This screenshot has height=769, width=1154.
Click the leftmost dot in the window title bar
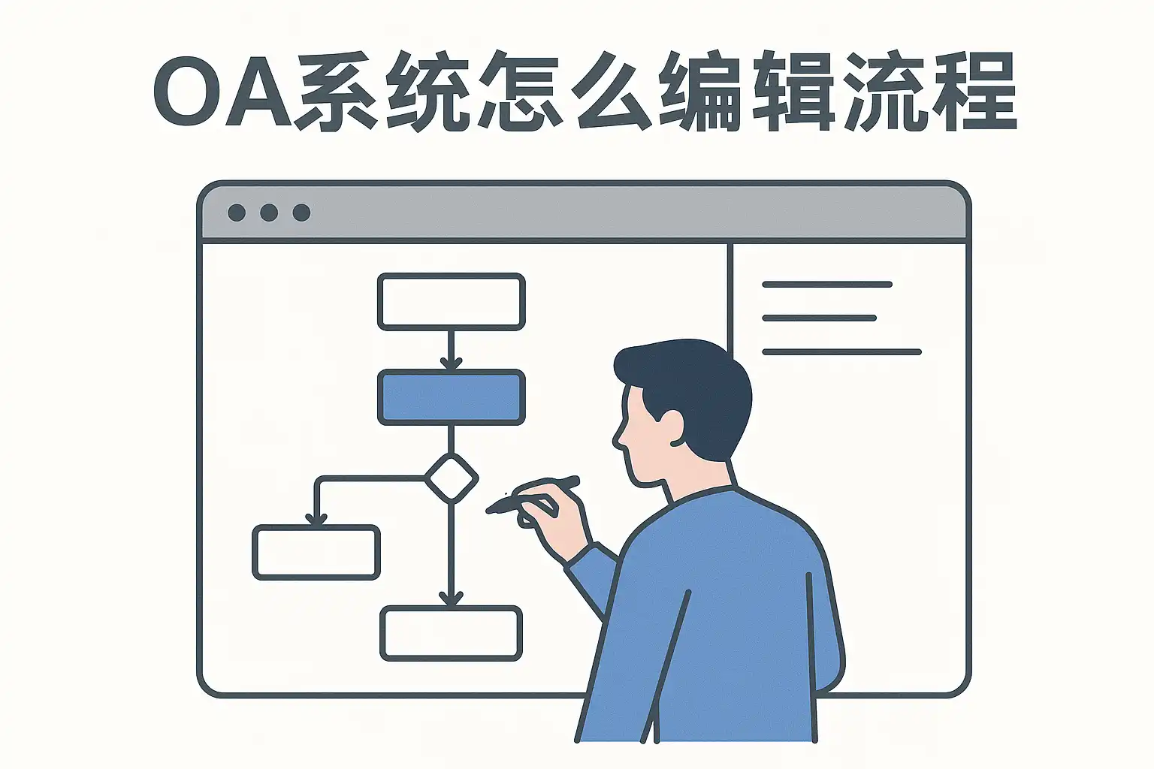point(237,213)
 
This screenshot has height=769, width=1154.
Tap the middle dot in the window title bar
point(269,213)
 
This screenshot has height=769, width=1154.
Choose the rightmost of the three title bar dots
point(301,213)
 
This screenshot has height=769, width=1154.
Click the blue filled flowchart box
point(452,397)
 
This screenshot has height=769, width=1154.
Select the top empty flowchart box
point(452,302)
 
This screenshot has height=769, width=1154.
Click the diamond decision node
point(452,478)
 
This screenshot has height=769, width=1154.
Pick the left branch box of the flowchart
point(316,553)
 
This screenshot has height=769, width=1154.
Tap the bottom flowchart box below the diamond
point(452,634)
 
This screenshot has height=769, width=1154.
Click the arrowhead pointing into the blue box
point(452,363)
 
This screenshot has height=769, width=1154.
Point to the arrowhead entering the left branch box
point(316,519)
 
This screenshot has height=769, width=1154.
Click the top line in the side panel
point(827,285)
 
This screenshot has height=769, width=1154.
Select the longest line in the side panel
point(841,352)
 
